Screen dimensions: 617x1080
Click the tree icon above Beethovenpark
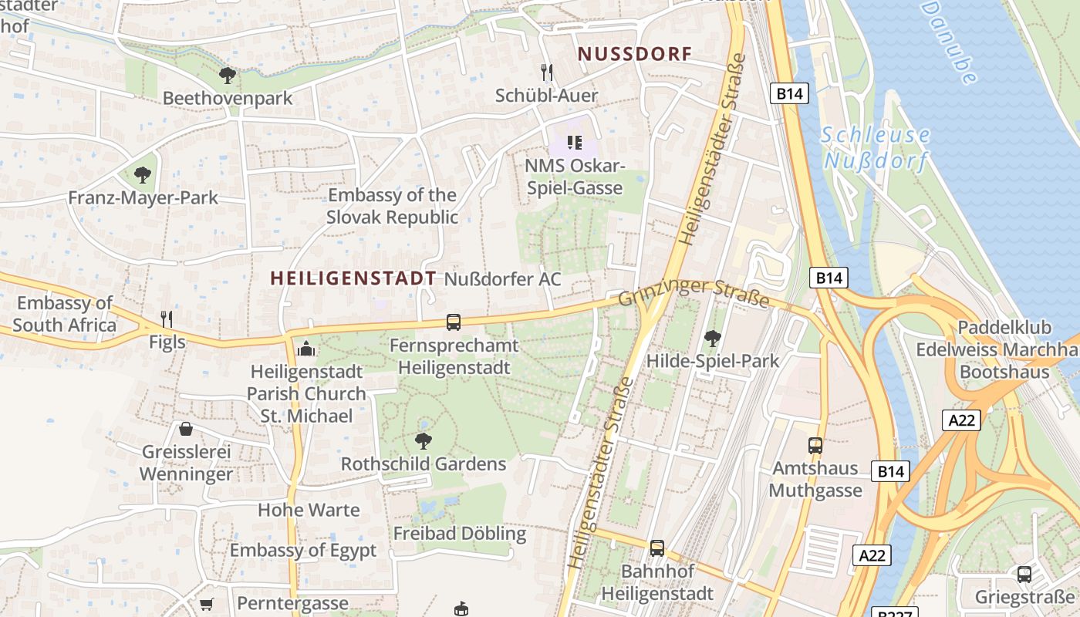tap(227, 75)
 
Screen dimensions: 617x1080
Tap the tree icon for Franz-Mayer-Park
tap(142, 174)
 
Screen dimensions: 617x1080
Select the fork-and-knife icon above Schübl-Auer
tap(547, 72)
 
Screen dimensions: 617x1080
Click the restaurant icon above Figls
tap(166, 318)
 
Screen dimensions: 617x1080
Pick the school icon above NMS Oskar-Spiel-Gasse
tap(574, 142)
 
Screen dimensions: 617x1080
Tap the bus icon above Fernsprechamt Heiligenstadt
tap(454, 322)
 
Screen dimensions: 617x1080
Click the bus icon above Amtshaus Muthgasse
tap(815, 445)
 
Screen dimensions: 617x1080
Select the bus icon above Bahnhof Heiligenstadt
tap(657, 548)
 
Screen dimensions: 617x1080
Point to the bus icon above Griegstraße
tap(1024, 574)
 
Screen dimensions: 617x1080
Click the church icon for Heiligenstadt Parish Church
tap(306, 349)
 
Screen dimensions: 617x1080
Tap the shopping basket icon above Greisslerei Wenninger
tap(186, 429)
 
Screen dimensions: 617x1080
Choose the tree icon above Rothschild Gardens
tap(423, 441)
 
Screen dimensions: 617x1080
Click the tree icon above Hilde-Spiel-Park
tap(713, 338)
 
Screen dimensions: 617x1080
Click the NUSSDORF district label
tap(635, 54)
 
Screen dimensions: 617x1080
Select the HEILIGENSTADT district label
tap(353, 278)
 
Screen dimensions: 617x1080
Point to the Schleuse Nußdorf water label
tap(876, 148)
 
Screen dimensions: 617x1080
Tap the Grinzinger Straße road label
tap(694, 295)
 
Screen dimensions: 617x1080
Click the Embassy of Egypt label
tap(303, 551)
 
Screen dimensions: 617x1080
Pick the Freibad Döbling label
tap(460, 534)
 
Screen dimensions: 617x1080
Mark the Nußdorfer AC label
tap(503, 279)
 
